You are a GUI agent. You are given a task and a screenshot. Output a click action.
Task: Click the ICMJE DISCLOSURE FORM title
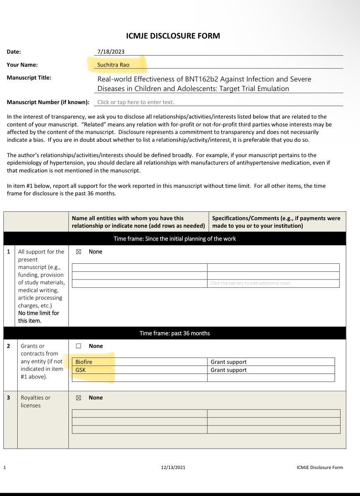tap(173, 36)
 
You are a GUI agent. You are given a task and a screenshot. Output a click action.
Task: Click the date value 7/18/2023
tap(111, 52)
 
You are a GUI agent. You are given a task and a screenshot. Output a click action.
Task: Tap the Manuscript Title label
tap(29, 77)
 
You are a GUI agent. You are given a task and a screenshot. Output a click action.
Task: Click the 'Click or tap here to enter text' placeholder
tap(136, 102)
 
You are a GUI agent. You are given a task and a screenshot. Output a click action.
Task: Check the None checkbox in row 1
tap(79, 252)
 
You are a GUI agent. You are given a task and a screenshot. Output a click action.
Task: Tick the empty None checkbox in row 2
tap(79, 346)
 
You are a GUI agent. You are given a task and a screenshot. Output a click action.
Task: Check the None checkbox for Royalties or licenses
tap(79, 398)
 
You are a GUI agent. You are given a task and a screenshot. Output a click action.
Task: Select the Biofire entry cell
tap(139, 362)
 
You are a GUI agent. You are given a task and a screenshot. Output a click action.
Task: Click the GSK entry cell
tap(139, 370)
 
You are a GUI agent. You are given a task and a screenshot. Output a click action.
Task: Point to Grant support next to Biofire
tap(229, 362)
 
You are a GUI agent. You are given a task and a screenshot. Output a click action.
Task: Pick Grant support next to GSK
tap(229, 370)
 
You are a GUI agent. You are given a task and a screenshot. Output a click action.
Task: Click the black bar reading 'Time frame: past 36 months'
tap(174, 333)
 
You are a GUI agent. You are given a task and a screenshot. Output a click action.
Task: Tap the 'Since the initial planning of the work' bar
tap(174, 238)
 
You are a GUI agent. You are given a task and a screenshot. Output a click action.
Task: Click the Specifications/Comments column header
tap(276, 222)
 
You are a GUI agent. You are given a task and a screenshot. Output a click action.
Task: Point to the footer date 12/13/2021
tap(174, 467)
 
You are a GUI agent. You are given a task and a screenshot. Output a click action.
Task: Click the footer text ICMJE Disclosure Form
tap(319, 467)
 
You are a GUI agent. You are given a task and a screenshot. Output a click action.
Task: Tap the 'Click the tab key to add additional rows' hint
tap(250, 283)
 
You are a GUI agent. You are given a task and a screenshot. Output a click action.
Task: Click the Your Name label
tap(22, 64)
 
